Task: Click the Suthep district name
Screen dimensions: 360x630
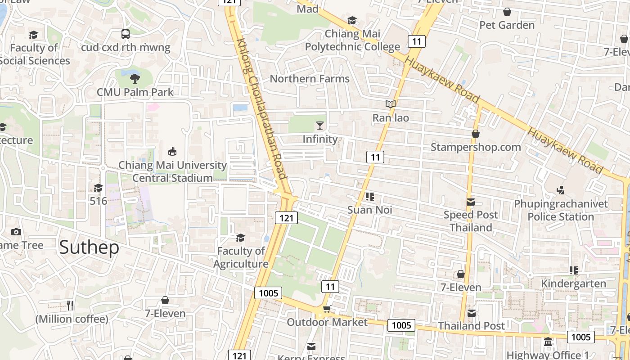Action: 89,247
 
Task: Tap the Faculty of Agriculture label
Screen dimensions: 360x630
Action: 241,257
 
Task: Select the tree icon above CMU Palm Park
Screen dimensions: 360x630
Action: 135,79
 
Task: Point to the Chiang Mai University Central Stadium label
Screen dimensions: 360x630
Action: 172,171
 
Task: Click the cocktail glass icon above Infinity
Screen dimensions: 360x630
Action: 320,126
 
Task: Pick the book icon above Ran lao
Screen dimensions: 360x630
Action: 391,104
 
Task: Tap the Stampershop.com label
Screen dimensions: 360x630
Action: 476,147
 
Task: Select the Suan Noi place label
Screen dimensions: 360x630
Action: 370,210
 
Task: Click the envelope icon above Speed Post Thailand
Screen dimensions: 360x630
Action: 471,202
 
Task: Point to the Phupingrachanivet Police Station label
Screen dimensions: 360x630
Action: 561,210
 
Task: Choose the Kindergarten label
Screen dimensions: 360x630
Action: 573,284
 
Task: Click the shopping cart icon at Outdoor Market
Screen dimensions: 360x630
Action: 327,309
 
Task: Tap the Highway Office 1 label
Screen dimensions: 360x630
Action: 547,355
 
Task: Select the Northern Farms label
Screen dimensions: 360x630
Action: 310,79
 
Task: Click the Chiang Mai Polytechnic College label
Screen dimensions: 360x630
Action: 352,40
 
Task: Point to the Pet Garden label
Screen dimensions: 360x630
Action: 507,25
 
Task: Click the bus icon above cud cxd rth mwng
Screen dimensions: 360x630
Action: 126,34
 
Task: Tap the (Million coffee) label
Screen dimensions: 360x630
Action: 72,319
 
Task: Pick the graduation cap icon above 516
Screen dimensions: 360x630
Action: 98,188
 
